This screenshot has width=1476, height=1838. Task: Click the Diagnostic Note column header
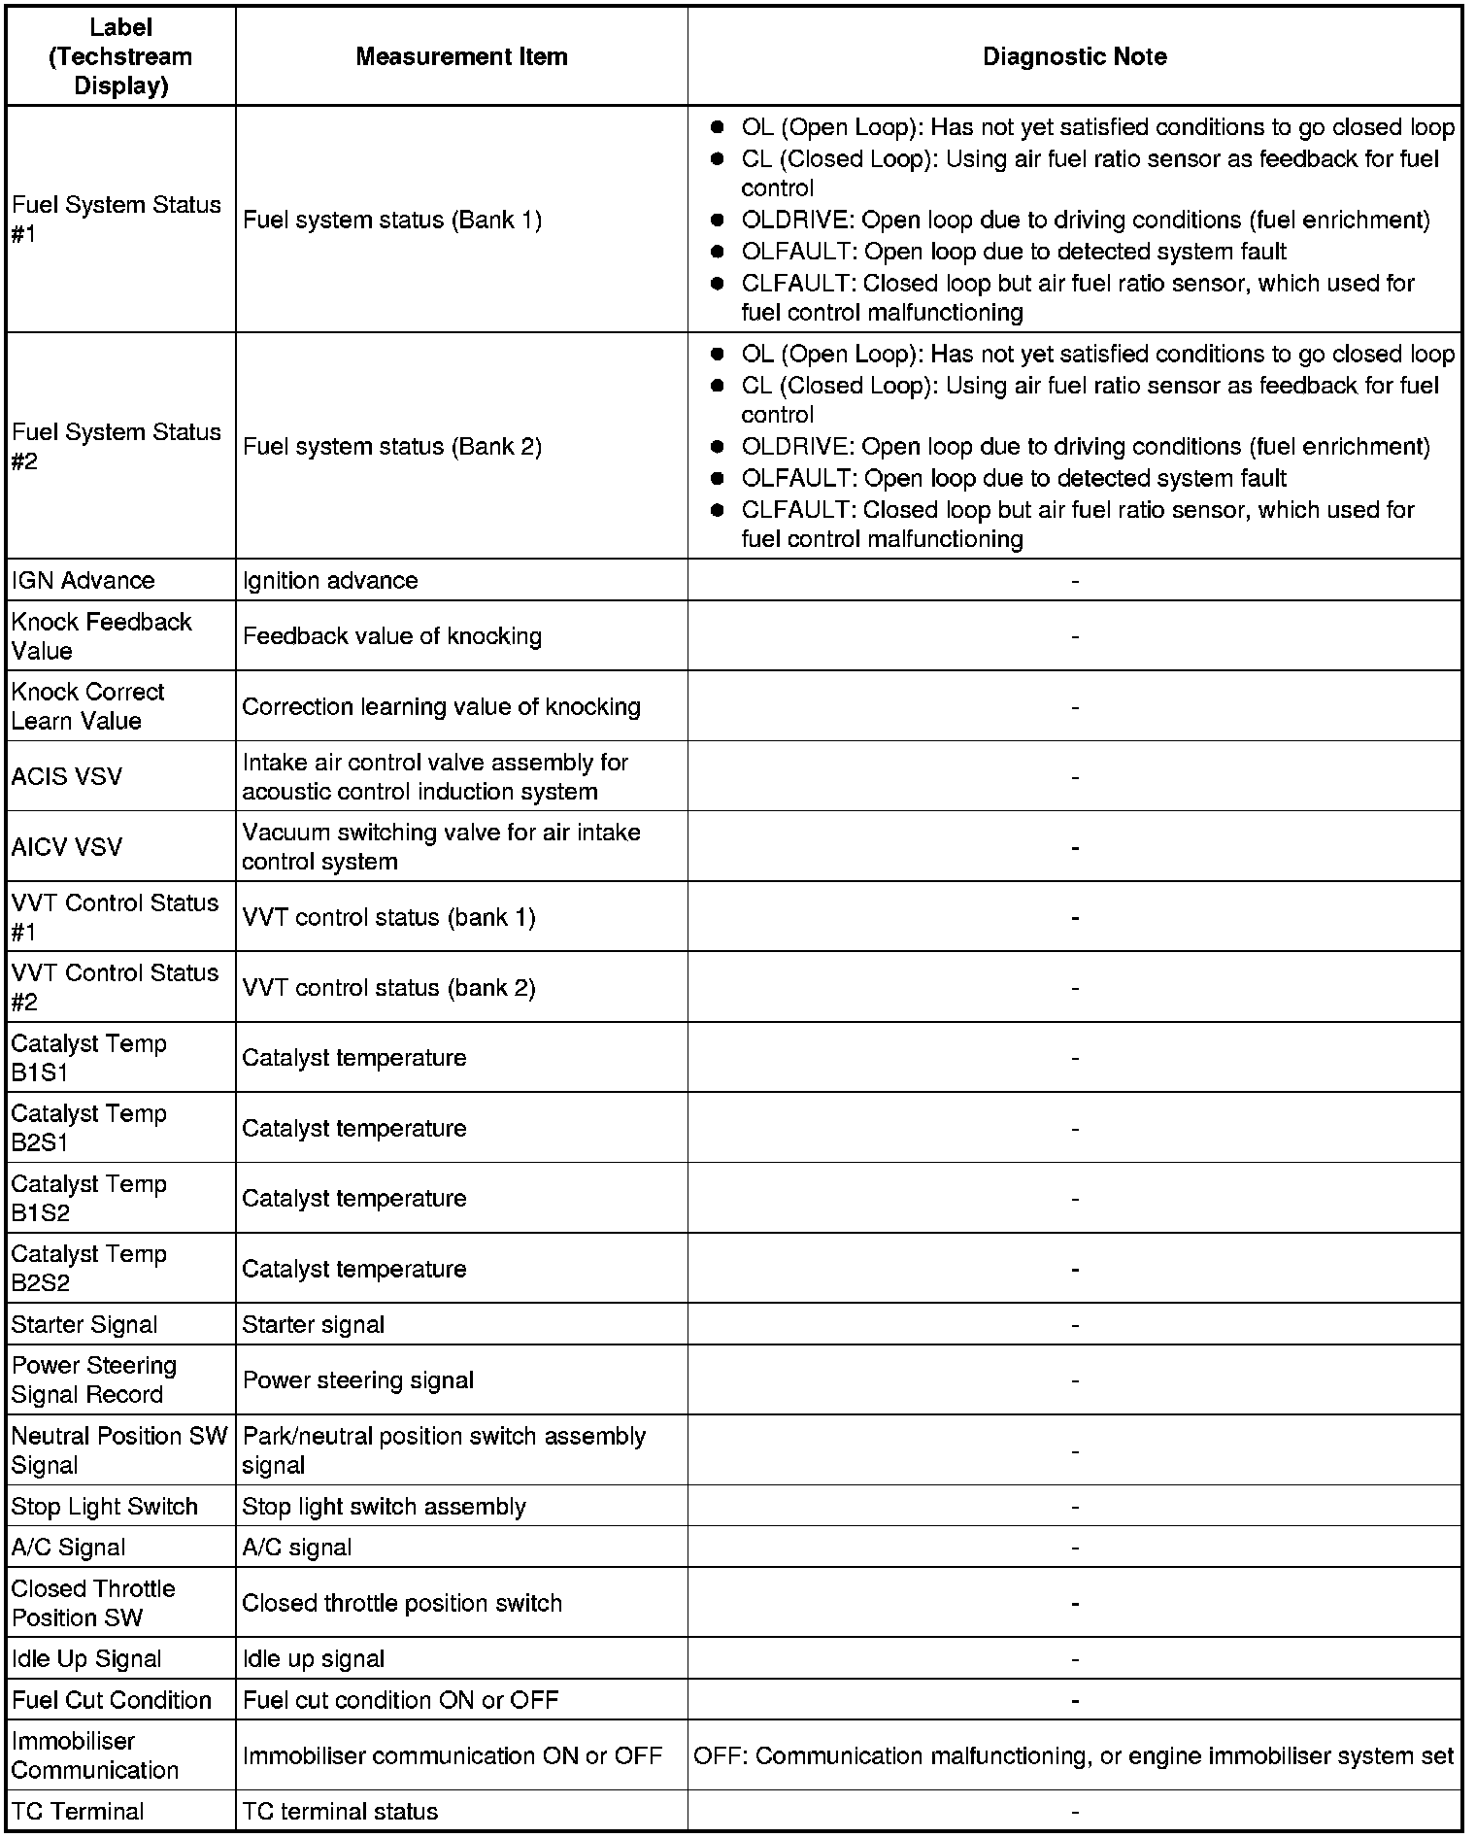click(x=1074, y=56)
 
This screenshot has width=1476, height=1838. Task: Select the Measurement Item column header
click(x=461, y=56)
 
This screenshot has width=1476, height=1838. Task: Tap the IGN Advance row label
click(x=84, y=580)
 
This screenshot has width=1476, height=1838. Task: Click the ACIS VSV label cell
click(x=67, y=776)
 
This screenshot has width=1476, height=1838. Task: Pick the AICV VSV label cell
click(x=67, y=847)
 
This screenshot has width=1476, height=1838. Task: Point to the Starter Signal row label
click(x=84, y=1324)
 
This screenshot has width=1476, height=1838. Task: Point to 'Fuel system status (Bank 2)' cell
click(x=392, y=446)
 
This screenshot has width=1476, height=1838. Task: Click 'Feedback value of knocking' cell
click(x=392, y=635)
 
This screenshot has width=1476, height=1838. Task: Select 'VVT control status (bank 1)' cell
click(x=388, y=917)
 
